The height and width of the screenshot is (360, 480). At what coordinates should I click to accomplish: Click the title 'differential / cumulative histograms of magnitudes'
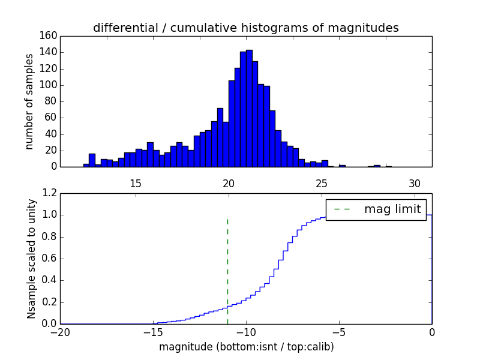pyautogui.click(x=245, y=28)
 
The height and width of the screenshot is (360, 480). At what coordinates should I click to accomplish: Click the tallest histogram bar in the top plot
pyautogui.click(x=249, y=108)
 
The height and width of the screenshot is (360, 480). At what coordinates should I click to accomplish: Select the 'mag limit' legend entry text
pyautogui.click(x=392, y=209)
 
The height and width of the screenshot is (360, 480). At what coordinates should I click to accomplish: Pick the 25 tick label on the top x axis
pyautogui.click(x=321, y=183)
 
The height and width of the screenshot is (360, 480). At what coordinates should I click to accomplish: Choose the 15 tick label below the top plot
pyautogui.click(x=135, y=183)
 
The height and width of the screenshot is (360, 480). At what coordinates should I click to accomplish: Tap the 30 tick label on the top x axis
pyautogui.click(x=414, y=183)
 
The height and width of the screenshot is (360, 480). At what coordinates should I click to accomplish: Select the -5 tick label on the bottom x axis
pyautogui.click(x=339, y=332)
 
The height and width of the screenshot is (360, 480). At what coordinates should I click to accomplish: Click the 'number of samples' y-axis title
pyautogui.click(x=29, y=101)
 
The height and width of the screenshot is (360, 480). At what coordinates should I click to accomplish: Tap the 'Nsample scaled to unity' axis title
pyautogui.click(x=32, y=259)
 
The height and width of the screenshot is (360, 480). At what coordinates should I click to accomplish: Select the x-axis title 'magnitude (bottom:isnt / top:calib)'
pyautogui.click(x=246, y=347)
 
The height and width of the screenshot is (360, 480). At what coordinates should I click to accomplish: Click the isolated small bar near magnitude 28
pyautogui.click(x=377, y=166)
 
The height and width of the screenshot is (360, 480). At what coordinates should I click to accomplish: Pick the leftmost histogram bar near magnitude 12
pyautogui.click(x=86, y=165)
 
